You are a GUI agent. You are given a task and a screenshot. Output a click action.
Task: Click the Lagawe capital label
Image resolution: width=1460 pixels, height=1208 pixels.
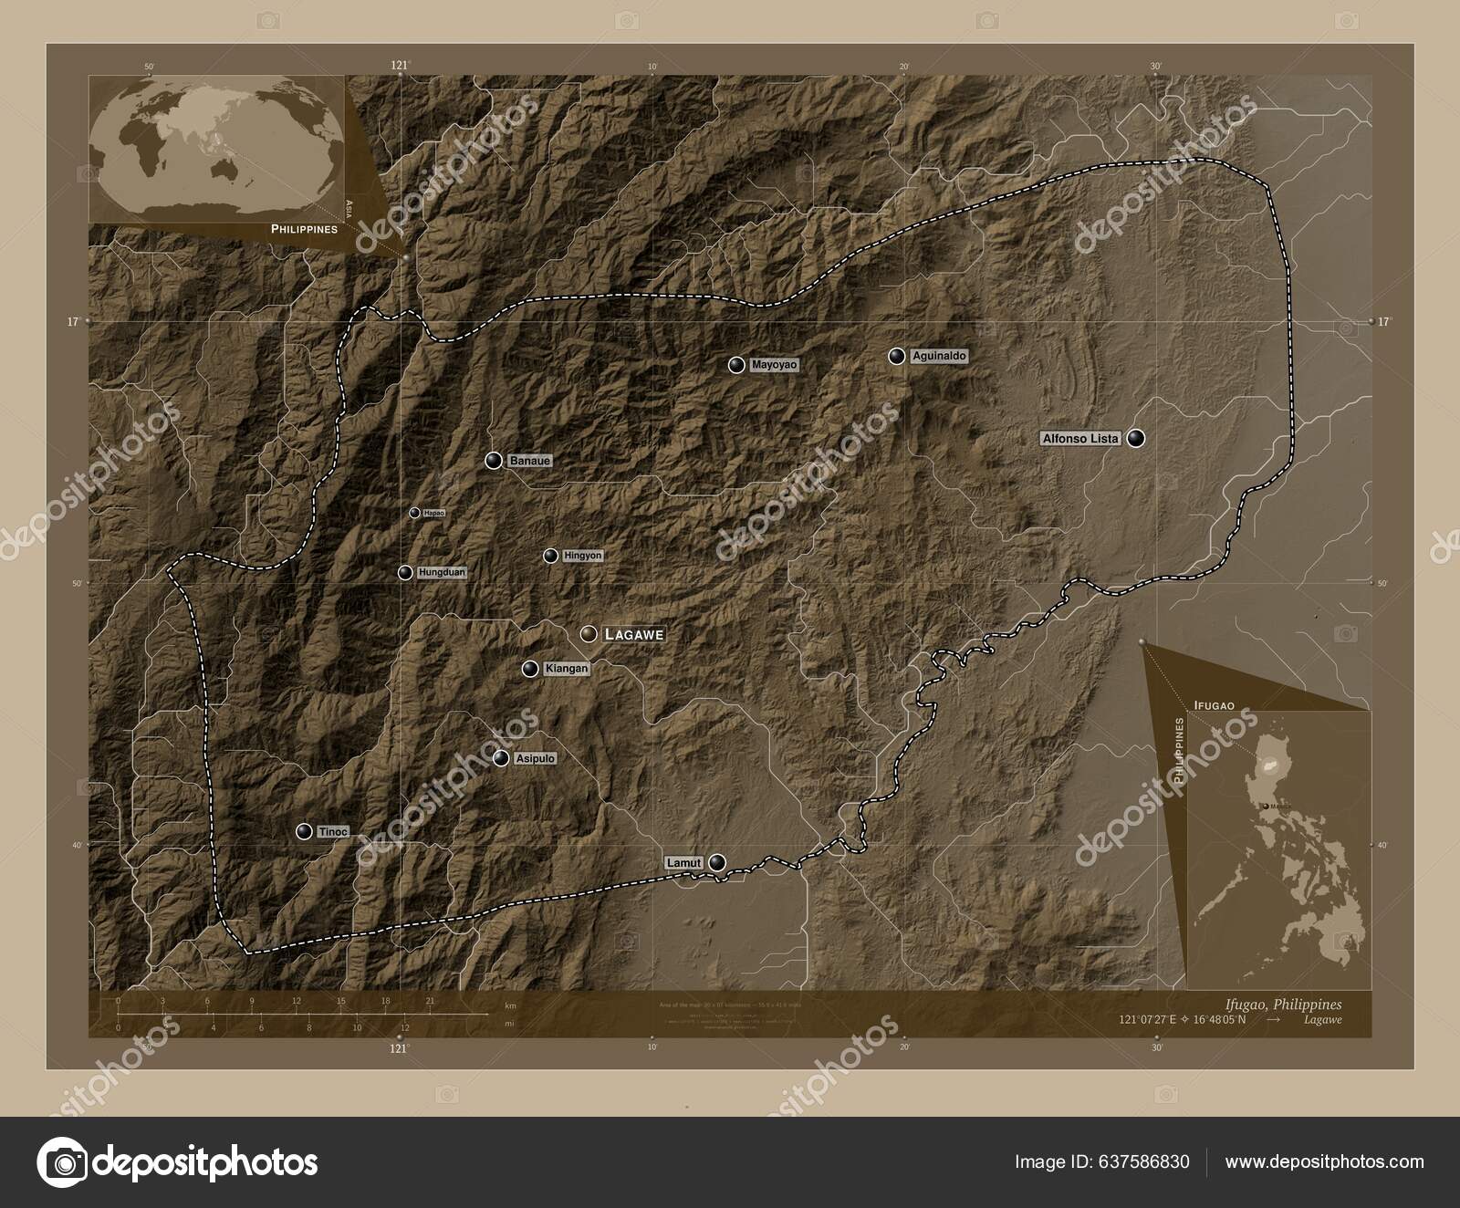coord(634,633)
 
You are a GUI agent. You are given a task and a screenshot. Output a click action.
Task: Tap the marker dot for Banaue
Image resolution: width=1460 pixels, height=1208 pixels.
coord(494,461)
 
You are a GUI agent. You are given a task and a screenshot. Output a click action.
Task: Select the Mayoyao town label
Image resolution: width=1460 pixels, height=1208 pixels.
coord(774,365)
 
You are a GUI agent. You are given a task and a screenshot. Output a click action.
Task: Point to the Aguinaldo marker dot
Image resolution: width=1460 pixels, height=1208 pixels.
coord(897,356)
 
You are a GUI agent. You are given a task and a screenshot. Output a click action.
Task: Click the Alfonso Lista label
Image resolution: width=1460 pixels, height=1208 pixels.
coord(1080,439)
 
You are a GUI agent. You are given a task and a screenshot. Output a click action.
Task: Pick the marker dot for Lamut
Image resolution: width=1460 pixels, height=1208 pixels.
coord(718,862)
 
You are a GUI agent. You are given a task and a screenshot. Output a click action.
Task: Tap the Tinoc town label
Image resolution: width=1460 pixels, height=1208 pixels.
coord(332,831)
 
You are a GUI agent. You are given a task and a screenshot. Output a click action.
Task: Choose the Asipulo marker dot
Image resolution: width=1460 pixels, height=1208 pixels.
coord(501,758)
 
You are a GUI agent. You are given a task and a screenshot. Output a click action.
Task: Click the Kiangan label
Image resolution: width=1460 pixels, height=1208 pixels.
coord(566,669)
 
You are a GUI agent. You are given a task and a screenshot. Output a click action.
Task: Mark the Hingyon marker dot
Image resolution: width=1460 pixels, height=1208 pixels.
coord(551,556)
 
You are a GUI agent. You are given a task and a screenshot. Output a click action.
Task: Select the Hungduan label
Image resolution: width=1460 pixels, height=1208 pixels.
coord(442,572)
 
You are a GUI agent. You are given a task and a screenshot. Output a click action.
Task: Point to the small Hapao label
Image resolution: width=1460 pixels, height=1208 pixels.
coord(434,513)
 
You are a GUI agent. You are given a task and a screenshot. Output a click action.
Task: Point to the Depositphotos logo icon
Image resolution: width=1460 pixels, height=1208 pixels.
coord(62,1162)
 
